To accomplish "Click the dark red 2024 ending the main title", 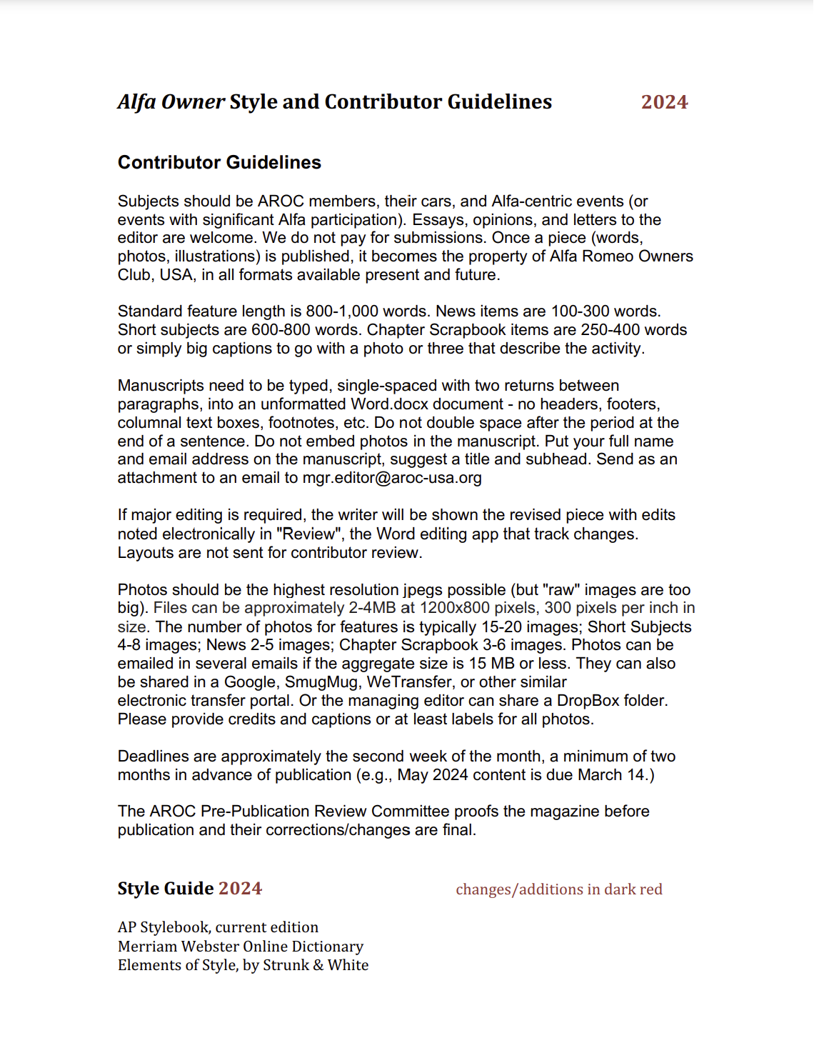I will [x=664, y=102].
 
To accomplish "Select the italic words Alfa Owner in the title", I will [x=171, y=102].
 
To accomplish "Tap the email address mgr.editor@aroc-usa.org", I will [x=392, y=478].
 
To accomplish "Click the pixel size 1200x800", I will [x=455, y=609].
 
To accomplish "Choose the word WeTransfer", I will [x=410, y=682].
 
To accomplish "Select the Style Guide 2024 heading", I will [x=190, y=889].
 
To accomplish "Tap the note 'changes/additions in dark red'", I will [x=559, y=889].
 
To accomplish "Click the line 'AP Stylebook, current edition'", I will [x=218, y=927].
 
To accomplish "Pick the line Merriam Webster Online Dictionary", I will [x=241, y=947].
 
